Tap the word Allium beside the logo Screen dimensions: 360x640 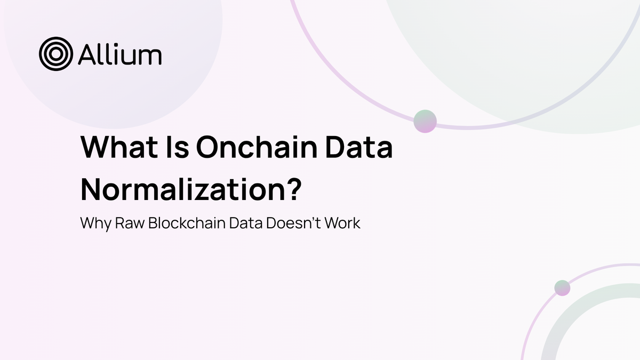coord(119,54)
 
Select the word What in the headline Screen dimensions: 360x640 coord(115,147)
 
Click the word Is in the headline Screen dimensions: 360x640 coord(172,147)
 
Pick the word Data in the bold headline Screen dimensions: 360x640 coord(357,147)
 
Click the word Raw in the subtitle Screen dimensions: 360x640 coord(130,223)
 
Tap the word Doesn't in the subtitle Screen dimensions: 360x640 coord(292,223)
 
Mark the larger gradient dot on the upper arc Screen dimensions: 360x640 coord(425,121)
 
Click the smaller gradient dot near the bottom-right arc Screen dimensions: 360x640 coord(562,288)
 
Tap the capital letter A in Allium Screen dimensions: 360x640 coord(86,54)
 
